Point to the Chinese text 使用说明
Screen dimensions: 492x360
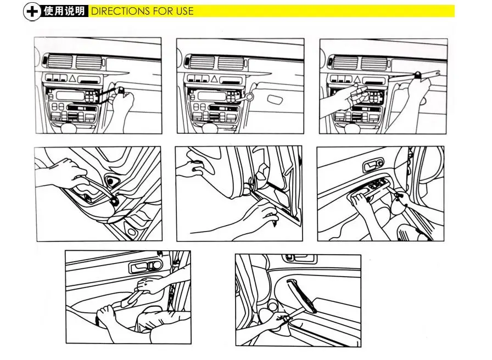pos(64,11)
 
